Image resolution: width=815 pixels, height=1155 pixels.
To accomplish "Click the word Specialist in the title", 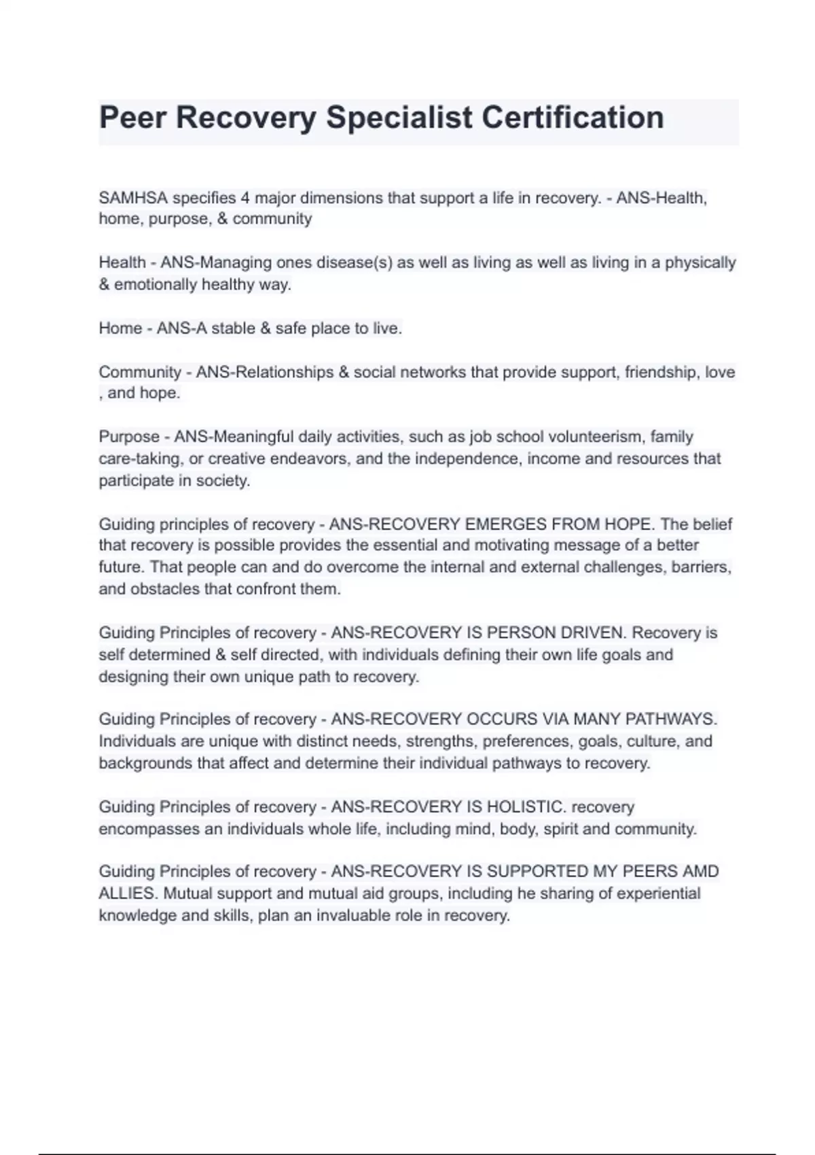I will pos(399,118).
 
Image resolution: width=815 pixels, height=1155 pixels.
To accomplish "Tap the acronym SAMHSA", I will pos(132,198).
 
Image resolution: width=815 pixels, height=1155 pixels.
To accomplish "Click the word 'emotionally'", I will pos(154,284).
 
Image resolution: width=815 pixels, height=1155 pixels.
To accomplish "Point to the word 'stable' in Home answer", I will pos(233,328).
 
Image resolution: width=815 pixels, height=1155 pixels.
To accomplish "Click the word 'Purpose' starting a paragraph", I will pos(129,436).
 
